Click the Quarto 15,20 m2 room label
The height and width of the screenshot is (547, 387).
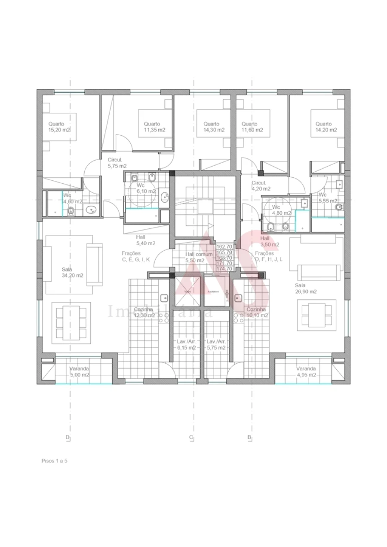[59, 127]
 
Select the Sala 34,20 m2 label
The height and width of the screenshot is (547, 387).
[72, 273]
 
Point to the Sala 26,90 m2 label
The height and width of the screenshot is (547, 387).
[305, 288]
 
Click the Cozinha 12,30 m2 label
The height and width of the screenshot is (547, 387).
[144, 312]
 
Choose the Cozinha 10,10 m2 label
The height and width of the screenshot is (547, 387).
[257, 312]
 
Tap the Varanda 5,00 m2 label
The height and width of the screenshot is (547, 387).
[79, 371]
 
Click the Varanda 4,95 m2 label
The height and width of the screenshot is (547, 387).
[306, 371]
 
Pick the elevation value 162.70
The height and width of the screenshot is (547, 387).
[224, 247]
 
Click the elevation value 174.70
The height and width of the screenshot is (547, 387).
[224, 268]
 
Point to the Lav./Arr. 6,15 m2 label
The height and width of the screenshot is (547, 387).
[187, 345]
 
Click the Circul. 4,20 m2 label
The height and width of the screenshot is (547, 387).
[261, 185]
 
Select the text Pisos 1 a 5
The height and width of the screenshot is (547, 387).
[55, 461]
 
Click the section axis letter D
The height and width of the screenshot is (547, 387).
[68, 438]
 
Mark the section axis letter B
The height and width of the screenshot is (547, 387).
[249, 438]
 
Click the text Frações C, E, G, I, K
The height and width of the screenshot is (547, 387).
[136, 256]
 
